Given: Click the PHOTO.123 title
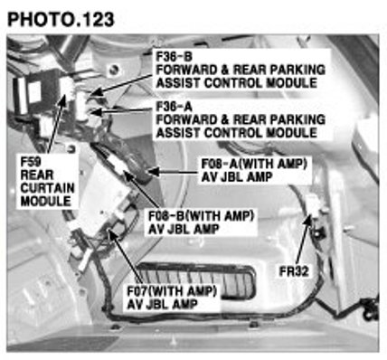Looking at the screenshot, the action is (61, 19).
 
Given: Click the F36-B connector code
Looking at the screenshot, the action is (175, 56).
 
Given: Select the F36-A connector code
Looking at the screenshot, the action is (175, 107).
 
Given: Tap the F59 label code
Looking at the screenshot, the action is (31, 162).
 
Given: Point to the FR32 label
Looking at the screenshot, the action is (294, 271).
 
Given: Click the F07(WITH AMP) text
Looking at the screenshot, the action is (172, 291).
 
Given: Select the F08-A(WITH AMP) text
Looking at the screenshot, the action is (254, 164).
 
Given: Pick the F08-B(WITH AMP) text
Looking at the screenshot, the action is (201, 216).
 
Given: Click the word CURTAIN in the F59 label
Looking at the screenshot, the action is (47, 188).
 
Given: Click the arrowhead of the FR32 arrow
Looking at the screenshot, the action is (308, 220).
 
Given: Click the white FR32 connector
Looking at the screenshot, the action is (314, 204).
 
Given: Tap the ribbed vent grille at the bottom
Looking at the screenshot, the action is (196, 280).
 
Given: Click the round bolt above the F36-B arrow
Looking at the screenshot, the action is (114, 70).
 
